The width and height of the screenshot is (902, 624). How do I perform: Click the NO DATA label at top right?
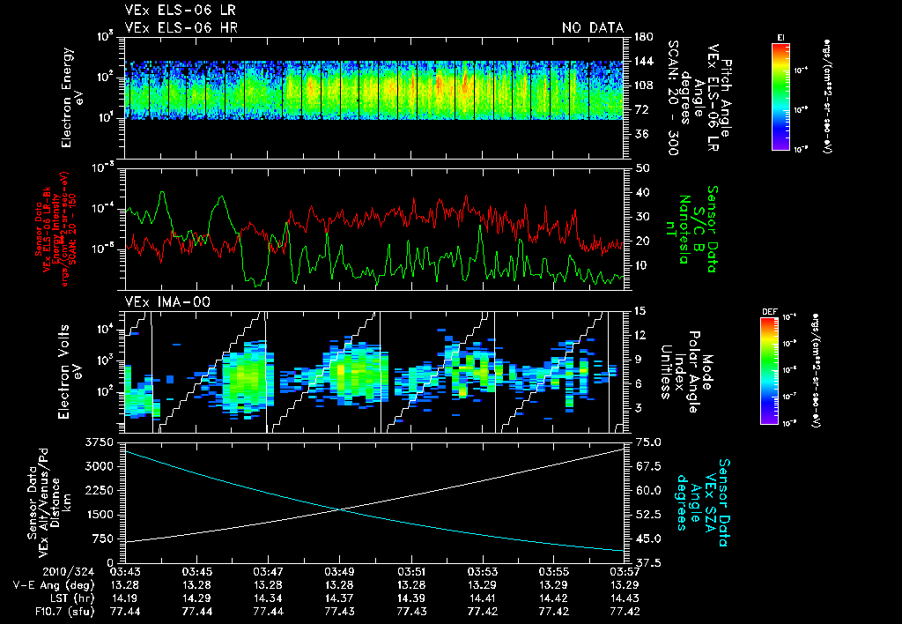(x=593, y=28)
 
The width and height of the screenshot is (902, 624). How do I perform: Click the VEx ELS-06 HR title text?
(x=181, y=28)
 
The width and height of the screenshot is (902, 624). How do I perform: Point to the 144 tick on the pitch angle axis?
(x=640, y=61)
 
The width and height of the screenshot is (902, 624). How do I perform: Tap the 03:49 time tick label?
(x=340, y=571)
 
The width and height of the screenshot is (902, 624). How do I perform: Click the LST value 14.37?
(x=340, y=597)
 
